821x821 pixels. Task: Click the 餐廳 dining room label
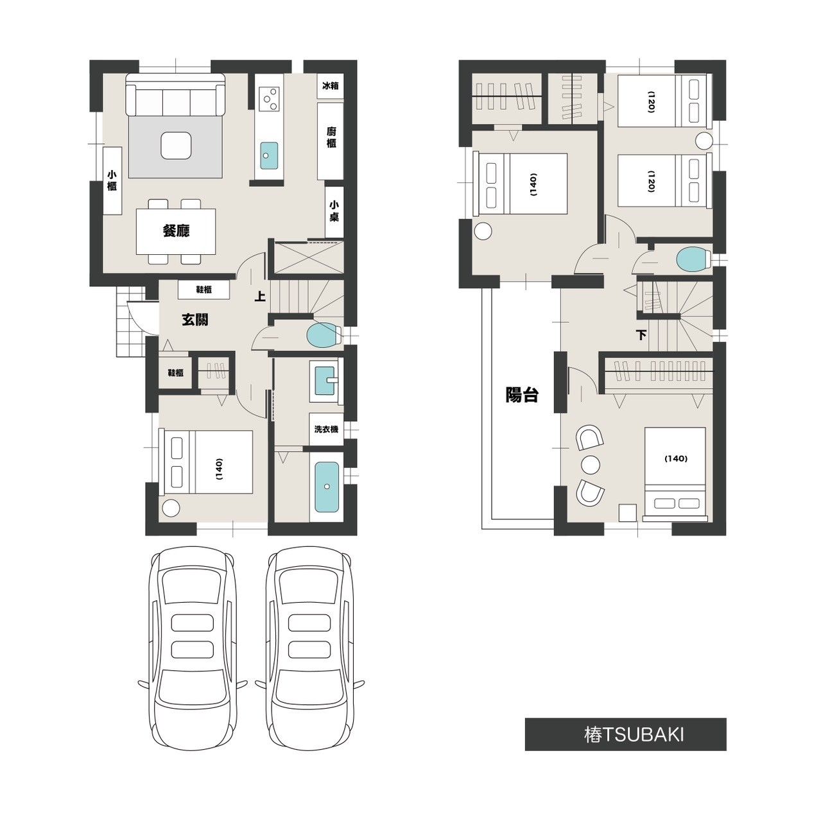click(x=176, y=231)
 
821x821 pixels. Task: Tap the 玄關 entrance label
click(x=195, y=320)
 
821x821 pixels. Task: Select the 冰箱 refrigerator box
click(x=331, y=86)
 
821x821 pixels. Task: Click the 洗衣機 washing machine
click(x=326, y=429)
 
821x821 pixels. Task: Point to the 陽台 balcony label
click(x=521, y=395)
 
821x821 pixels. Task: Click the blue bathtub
click(x=327, y=487)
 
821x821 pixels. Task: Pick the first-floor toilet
click(x=324, y=335)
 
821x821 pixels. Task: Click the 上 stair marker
click(x=260, y=296)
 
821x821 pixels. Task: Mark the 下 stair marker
click(x=641, y=335)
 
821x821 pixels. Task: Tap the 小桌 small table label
click(x=334, y=211)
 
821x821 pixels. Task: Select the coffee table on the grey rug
click(x=176, y=145)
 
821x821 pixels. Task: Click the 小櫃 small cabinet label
click(x=112, y=180)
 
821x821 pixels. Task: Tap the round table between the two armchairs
click(x=591, y=464)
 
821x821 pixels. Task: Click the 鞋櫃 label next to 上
click(x=204, y=290)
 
